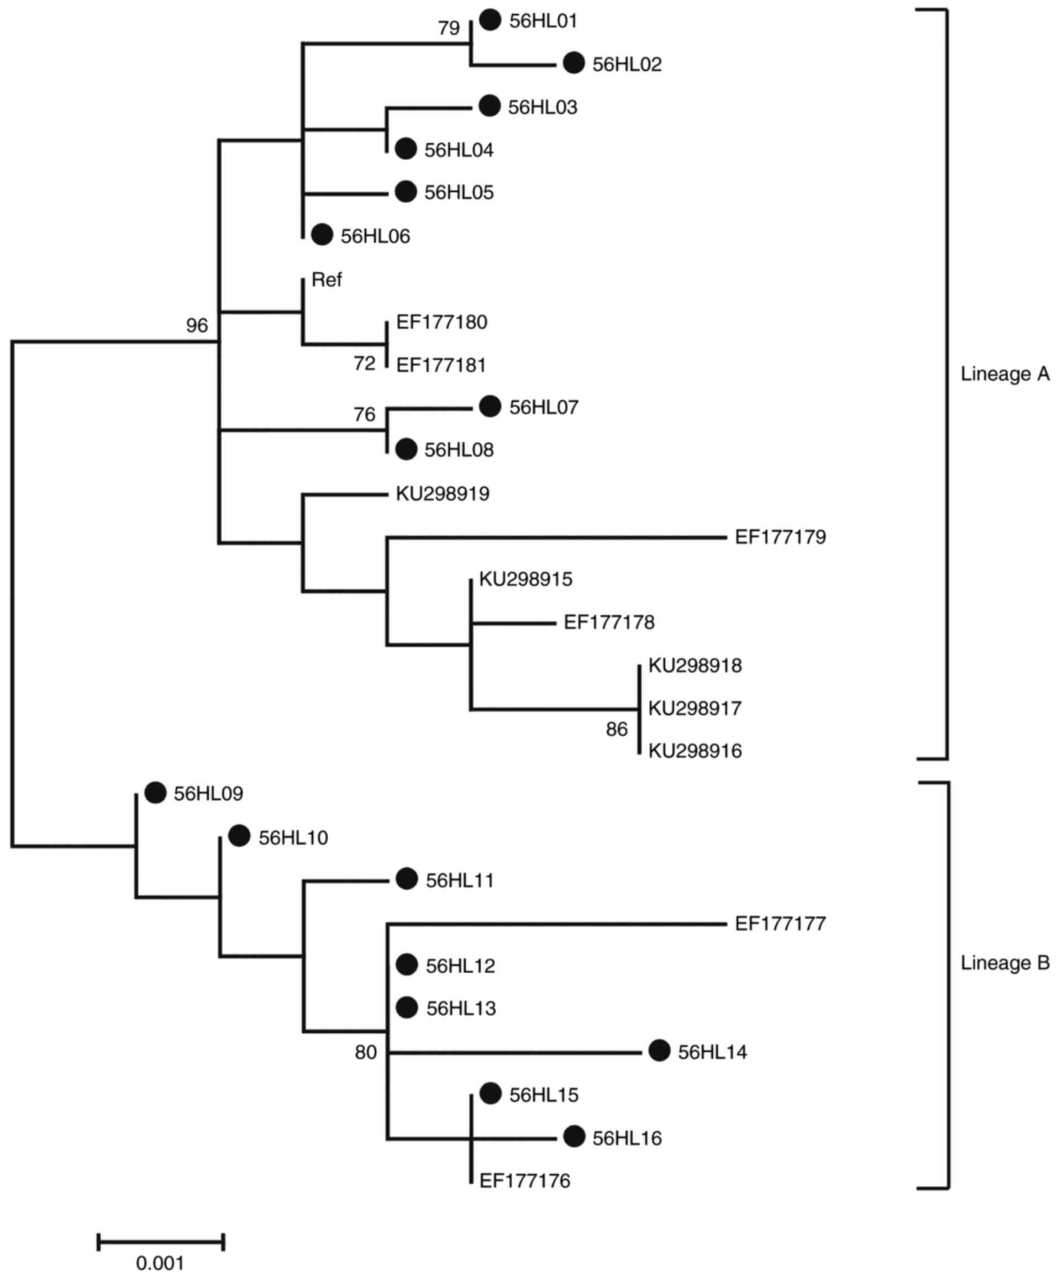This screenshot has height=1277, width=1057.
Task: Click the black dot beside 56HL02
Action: [573, 63]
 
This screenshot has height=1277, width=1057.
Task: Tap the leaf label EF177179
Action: [780, 537]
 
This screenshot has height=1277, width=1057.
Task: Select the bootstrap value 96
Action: [197, 326]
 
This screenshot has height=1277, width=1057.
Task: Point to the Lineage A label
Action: [1005, 374]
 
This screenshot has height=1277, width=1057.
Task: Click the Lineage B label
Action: [1005, 963]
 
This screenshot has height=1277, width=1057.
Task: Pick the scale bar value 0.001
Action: [160, 1263]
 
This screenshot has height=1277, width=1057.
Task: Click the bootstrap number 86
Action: [616, 729]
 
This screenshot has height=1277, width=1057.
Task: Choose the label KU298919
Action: [442, 494]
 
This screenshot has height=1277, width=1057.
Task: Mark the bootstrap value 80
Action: [366, 1052]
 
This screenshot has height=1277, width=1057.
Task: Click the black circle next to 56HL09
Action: [155, 793]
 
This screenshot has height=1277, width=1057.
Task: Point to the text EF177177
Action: [780, 924]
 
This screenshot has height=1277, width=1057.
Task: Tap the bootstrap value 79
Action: [449, 28]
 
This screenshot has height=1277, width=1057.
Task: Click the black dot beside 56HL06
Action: [322, 235]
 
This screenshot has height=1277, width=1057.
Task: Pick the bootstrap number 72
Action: [364, 363]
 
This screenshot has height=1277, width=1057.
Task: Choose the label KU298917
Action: [695, 708]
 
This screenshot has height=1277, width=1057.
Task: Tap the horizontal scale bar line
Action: [161, 1241]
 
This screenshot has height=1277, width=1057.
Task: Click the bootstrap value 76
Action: [364, 415]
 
